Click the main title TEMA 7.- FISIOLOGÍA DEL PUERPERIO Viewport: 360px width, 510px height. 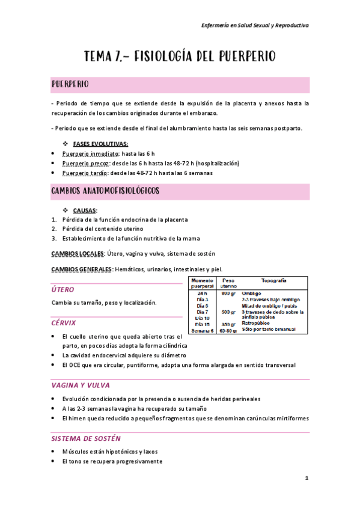click(180, 57)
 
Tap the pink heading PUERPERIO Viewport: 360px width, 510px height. click(71, 83)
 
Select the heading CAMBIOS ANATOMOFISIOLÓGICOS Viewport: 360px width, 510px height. click(105, 191)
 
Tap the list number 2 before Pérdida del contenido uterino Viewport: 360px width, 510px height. click(53, 229)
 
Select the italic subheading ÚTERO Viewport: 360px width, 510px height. click(63, 290)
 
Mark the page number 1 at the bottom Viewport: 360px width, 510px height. click(306, 478)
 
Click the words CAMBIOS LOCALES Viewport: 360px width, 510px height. click(78, 253)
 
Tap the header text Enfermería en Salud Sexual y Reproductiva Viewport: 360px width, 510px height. click(254, 25)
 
